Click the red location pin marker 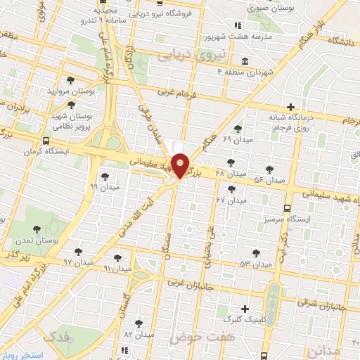180,165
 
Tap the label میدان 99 105,187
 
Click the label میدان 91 117,269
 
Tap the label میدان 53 255,264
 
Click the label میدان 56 269,180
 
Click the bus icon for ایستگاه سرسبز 287,208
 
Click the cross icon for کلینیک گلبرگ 245,309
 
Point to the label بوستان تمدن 37,240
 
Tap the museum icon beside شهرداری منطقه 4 244,60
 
